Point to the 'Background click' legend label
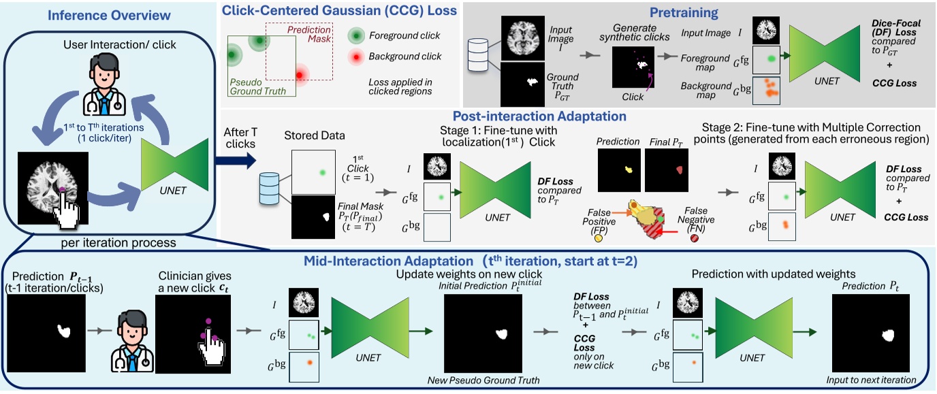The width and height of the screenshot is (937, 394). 404,56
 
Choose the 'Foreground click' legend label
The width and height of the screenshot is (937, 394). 404,35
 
